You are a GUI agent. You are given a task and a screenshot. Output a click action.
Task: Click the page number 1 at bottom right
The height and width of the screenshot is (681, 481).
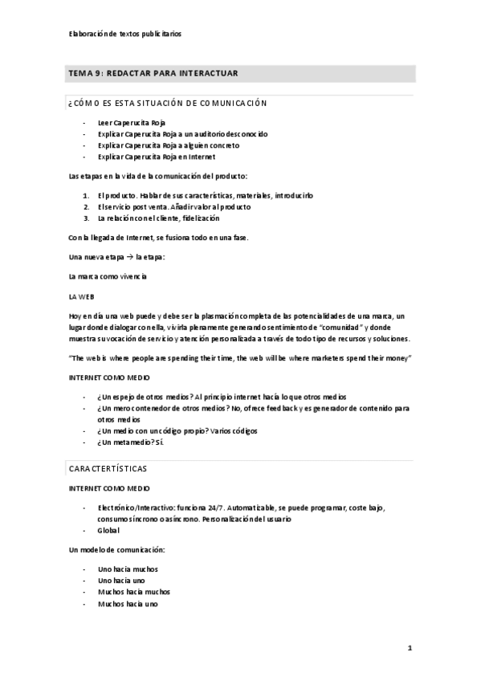pos(410,647)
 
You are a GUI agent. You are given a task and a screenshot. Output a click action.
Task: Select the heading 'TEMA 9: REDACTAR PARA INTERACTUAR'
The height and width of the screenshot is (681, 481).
pos(153,74)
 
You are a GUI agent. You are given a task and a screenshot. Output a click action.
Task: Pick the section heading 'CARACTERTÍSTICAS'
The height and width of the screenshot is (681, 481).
pos(108,467)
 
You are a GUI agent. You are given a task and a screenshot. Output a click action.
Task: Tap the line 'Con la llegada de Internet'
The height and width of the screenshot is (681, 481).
pos(158,238)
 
